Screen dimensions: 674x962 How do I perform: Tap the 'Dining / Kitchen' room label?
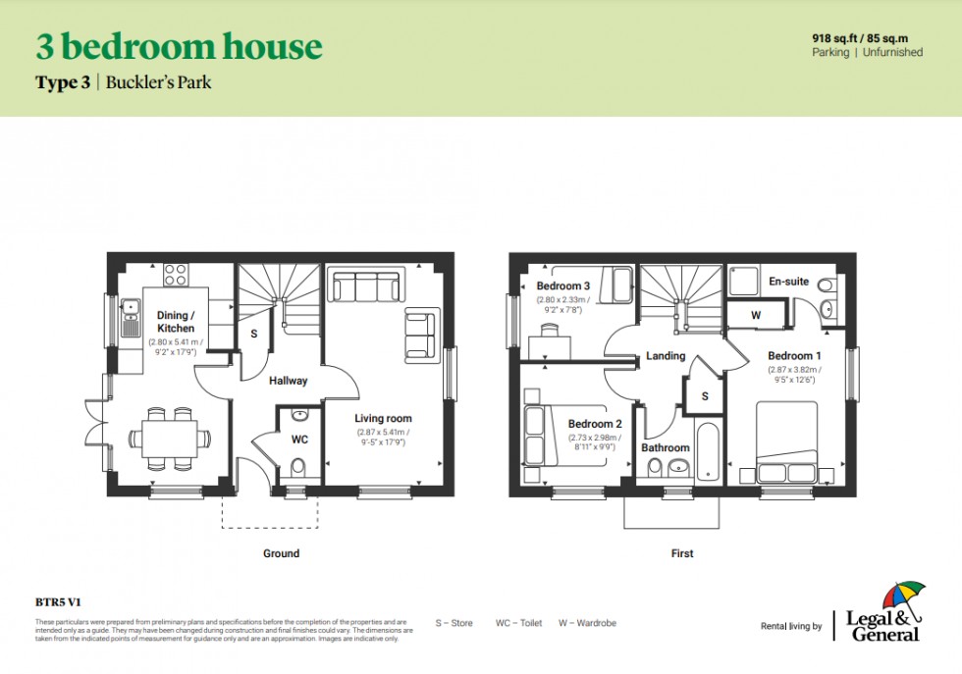pyautogui.click(x=176, y=322)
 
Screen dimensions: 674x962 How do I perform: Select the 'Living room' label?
pyautogui.click(x=384, y=418)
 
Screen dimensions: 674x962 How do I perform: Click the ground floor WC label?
pyautogui.click(x=299, y=439)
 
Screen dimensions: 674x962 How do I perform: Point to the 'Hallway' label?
pyautogui.click(x=288, y=381)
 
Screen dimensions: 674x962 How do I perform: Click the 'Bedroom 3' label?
pyautogui.click(x=562, y=285)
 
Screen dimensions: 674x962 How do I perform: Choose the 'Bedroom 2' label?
pyautogui.click(x=595, y=424)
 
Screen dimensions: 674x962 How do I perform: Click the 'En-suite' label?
pyautogui.click(x=788, y=282)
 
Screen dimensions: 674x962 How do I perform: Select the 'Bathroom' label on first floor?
pyautogui.click(x=666, y=447)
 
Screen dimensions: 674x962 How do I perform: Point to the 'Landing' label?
pyautogui.click(x=666, y=355)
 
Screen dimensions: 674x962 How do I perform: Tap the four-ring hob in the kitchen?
pyautogui.click(x=176, y=275)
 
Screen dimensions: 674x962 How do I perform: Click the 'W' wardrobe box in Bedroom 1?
pyautogui.click(x=756, y=315)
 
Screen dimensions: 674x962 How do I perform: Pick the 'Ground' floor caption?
pyautogui.click(x=281, y=553)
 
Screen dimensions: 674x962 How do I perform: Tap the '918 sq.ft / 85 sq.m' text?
pyautogui.click(x=867, y=37)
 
